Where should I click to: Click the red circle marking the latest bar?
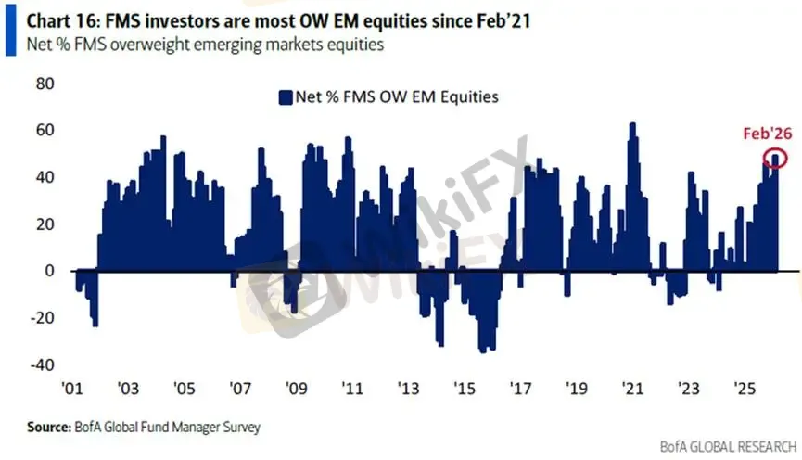(x=776, y=159)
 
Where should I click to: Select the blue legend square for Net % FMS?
(x=283, y=96)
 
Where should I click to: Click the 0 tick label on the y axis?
(x=50, y=271)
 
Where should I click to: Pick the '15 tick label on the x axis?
(x=464, y=387)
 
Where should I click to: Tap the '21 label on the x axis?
(x=632, y=387)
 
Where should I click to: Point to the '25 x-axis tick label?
(x=744, y=387)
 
